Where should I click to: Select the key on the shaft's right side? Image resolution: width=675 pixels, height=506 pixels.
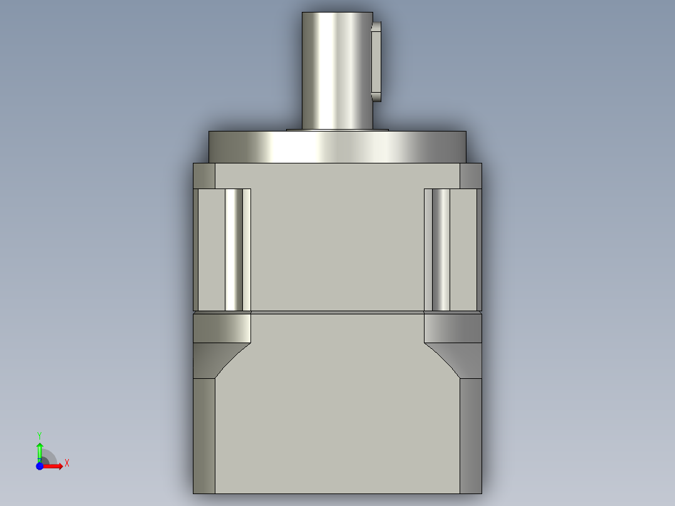coord(376,61)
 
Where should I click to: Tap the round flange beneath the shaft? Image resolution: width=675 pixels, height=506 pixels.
coord(337,147)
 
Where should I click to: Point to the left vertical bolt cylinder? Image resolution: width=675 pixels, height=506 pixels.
coord(234,249)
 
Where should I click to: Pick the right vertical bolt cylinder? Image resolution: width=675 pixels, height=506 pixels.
coord(441,249)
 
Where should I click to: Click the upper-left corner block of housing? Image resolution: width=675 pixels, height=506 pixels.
coord(204,175)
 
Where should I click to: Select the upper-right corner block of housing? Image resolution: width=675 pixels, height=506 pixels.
coord(470,175)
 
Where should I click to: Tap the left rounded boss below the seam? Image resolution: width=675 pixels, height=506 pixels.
coord(222,328)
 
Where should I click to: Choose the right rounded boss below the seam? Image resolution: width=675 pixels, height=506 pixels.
coord(453,328)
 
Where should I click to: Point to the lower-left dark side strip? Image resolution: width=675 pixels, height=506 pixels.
coord(204,435)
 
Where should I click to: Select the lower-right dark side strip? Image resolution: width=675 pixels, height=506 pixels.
coord(471,435)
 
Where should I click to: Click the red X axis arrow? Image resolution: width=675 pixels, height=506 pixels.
coord(54,466)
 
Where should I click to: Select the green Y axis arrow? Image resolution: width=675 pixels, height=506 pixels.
coord(39,450)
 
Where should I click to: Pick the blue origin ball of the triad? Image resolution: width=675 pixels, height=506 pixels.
coord(39,466)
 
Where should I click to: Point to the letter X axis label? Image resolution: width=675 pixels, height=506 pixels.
coord(67,463)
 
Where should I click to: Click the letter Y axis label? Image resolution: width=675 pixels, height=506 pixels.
coord(39,435)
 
